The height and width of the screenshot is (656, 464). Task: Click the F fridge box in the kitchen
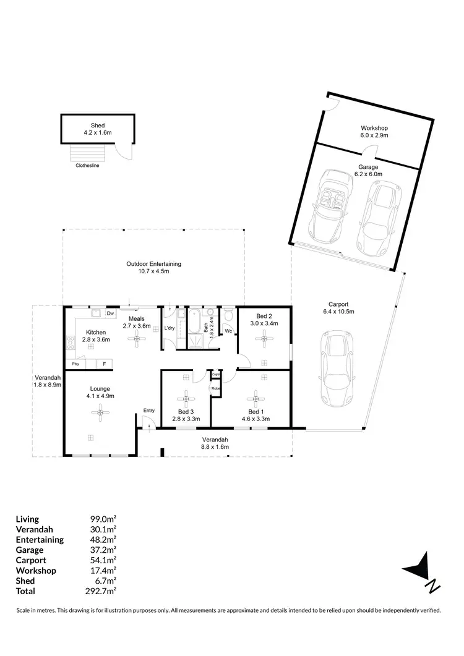pyautogui.click(x=105, y=364)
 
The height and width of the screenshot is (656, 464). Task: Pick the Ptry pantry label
pyautogui.click(x=75, y=364)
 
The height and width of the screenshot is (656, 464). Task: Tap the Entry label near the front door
pyautogui.click(x=148, y=411)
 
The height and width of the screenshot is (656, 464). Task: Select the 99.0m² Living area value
pyautogui.click(x=104, y=519)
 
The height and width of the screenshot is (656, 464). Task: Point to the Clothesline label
pyautogui.click(x=87, y=166)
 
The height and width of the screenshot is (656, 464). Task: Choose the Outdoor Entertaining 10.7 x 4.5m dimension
pyautogui.click(x=153, y=271)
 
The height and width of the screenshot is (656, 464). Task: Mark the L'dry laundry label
pyautogui.click(x=170, y=328)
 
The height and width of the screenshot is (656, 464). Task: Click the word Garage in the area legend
pyautogui.click(x=30, y=550)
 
